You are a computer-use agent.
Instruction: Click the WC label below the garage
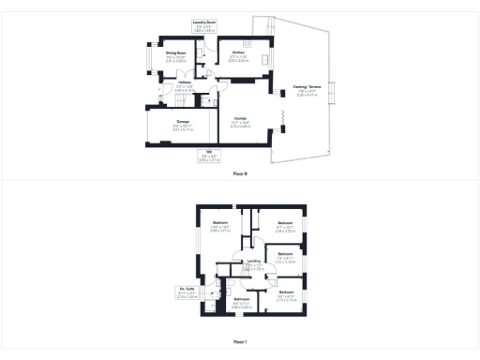tap(212, 155)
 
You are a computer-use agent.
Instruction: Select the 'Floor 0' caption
tap(240, 174)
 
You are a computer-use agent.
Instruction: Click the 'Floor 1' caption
tap(240, 342)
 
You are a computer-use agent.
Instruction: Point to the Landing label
tap(253, 262)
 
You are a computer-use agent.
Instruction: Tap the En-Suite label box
tap(187, 289)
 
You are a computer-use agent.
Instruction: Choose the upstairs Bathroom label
tap(240, 300)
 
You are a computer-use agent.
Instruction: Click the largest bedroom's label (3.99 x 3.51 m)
tap(220, 223)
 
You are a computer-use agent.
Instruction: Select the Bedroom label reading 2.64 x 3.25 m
tap(285, 222)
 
